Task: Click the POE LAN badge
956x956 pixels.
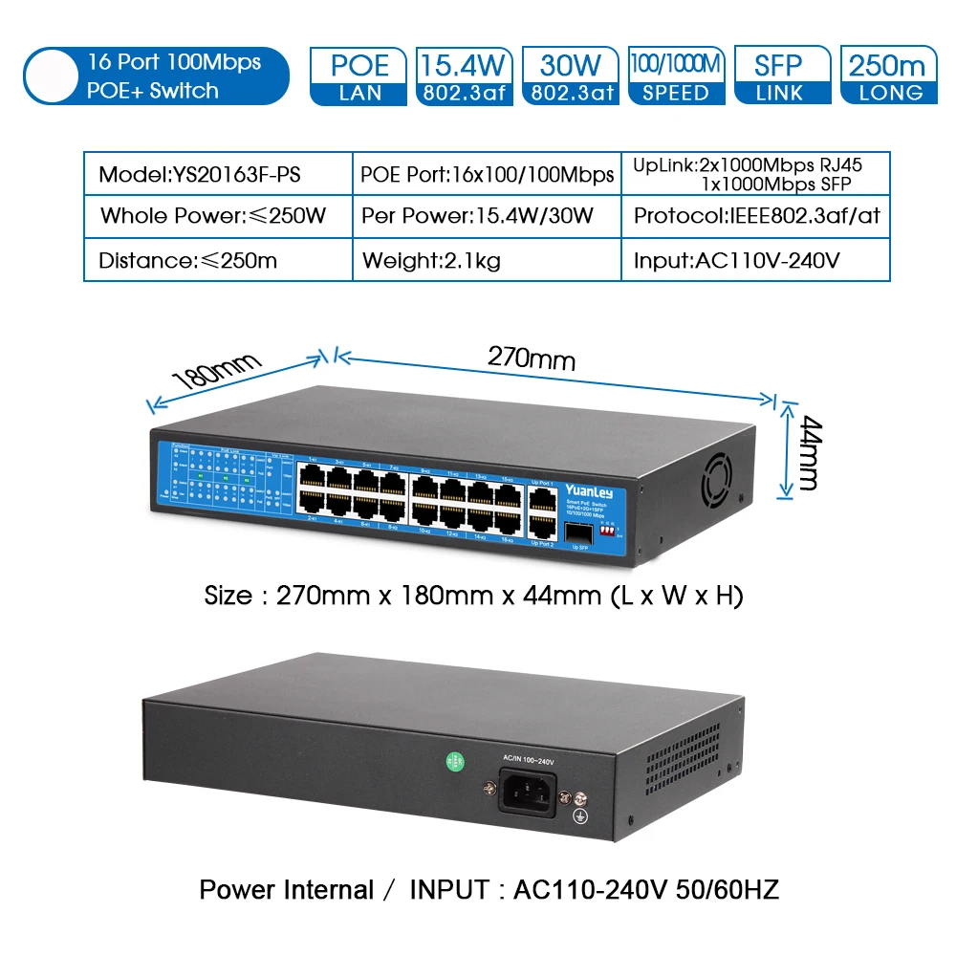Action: pos(359,76)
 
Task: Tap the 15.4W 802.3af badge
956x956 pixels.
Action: pos(465,76)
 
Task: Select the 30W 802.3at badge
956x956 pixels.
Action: pos(570,76)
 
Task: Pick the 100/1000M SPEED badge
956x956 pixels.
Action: pos(676,76)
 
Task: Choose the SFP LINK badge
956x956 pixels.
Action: pos(781,76)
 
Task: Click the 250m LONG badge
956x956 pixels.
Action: pos(887,76)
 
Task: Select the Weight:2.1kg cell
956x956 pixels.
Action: pos(431,260)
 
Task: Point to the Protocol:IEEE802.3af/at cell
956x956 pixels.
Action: pos(756,216)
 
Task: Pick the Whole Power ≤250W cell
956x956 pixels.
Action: pos(213,216)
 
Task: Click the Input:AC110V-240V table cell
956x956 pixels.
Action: pos(736,260)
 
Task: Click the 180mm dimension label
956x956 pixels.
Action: pos(216,372)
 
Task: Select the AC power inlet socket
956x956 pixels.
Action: pos(528,793)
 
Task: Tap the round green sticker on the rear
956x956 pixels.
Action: pos(455,762)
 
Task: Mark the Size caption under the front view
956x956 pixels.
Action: pos(473,596)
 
